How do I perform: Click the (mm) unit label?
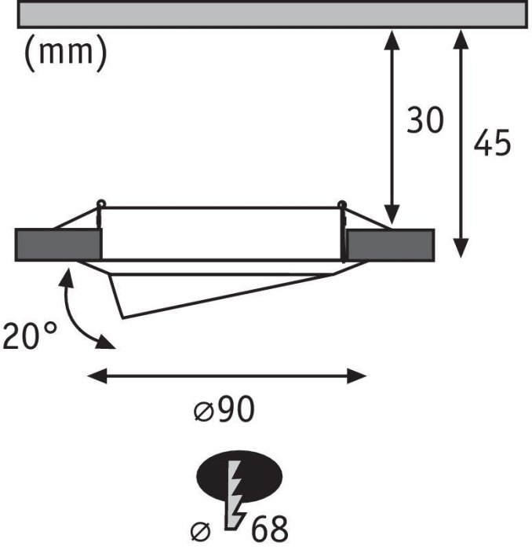[x=65, y=53]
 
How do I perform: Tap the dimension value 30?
[x=425, y=120]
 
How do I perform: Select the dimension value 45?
[x=492, y=142]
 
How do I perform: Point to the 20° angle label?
[x=29, y=335]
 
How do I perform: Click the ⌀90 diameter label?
[x=224, y=409]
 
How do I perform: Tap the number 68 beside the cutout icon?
[x=270, y=529]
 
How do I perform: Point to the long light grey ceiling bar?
[x=272, y=14]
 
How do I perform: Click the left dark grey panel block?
[x=58, y=245]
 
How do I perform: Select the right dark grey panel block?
[x=391, y=245]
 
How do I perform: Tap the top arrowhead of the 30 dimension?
[x=392, y=39]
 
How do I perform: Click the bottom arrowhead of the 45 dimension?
[x=461, y=248]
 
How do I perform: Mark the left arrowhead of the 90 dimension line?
[x=97, y=376]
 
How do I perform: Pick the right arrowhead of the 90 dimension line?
[x=356, y=376]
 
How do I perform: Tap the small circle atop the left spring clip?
[x=101, y=203]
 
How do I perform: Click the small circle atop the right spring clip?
[x=341, y=203]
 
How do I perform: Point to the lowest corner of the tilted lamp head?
[x=122, y=318]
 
